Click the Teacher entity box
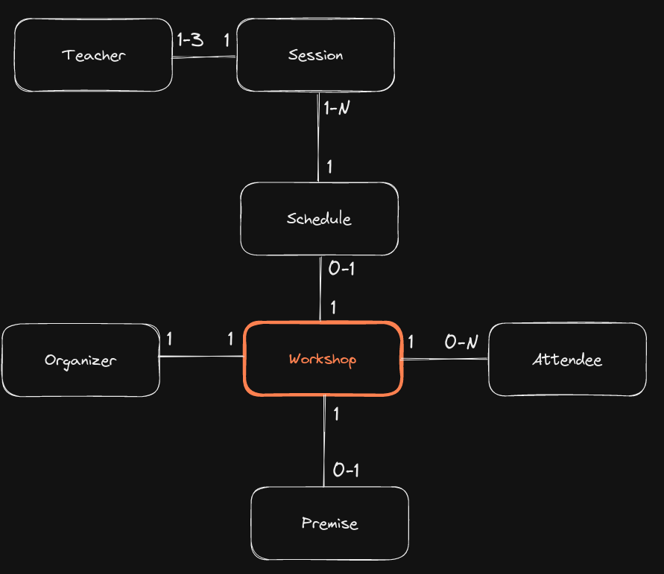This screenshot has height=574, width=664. coord(94,55)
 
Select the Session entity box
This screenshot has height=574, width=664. coord(315,55)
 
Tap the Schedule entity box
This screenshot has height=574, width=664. coord(319,219)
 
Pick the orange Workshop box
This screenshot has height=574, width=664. coord(323,359)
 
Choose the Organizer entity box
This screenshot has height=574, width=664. coord(80,360)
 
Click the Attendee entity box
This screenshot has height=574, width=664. coord(567,360)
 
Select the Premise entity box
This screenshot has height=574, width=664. coord(329,523)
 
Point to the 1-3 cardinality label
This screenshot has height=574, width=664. coord(189,40)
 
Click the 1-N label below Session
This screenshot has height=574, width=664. coord(337,108)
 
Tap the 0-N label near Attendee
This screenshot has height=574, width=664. coord(461,342)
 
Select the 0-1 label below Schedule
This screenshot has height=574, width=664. coord(341,268)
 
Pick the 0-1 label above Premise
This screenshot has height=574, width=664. coord(347,470)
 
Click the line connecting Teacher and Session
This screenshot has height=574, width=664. coord(205,57)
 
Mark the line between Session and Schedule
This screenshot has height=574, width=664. coord(318,138)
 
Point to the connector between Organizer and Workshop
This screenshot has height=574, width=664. coord(201,357)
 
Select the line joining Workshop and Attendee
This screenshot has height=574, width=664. coord(445,360)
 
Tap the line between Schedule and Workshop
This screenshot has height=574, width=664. coord(320,288)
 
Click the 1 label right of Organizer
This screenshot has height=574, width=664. coord(170,339)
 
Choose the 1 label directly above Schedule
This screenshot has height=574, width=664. coord(329,167)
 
